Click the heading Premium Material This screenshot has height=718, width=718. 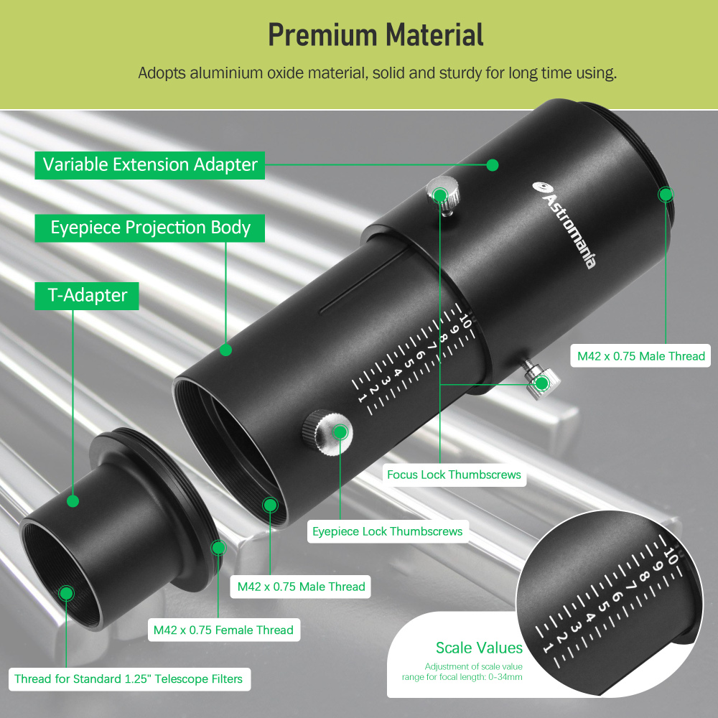click(x=376, y=34)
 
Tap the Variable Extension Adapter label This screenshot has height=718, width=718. click(x=150, y=164)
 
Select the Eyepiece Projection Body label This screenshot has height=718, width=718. click(x=150, y=228)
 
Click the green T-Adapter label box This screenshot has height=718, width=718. click(x=87, y=295)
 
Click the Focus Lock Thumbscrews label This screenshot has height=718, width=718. click(x=454, y=475)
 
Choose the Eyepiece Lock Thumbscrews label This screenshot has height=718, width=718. click(x=388, y=532)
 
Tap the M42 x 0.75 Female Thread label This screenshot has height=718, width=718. click(x=223, y=630)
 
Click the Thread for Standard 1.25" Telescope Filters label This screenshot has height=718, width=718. click(x=129, y=679)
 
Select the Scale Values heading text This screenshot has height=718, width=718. click(x=479, y=648)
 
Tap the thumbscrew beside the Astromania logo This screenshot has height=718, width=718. click(x=440, y=195)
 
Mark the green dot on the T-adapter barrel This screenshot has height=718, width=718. click(x=72, y=500)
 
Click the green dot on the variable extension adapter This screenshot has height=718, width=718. click(x=492, y=164)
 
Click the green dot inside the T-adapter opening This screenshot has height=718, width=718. click(x=66, y=593)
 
